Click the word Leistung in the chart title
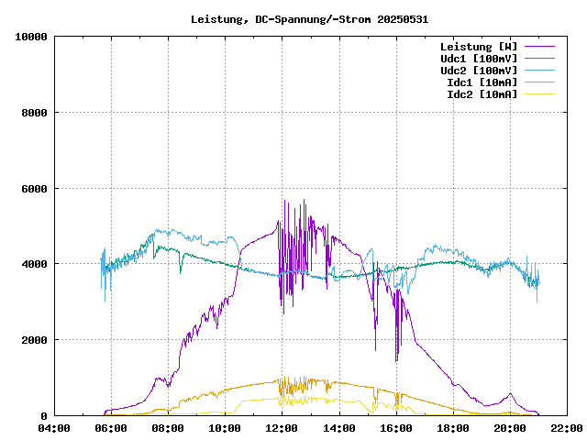point(216,18)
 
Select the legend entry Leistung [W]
point(478,46)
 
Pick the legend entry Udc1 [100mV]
point(478,58)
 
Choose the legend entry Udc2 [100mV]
point(478,70)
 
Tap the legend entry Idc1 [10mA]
point(482,82)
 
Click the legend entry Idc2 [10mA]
point(482,93)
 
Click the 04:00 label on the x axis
point(54,428)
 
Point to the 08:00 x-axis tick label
point(168,428)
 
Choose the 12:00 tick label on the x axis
point(282,428)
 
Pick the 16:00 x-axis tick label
point(396,428)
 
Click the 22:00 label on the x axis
point(567,428)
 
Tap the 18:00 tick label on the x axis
point(453,428)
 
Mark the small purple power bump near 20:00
point(510,395)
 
